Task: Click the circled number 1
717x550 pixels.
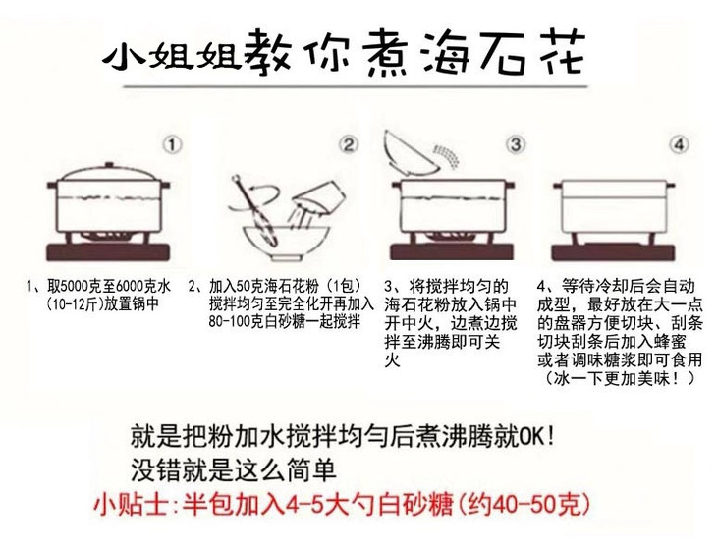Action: [x=172, y=145]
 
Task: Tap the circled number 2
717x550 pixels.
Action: [x=349, y=145]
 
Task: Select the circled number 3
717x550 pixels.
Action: [x=516, y=145]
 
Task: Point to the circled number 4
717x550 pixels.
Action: [x=679, y=145]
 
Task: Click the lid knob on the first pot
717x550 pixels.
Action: [x=109, y=165]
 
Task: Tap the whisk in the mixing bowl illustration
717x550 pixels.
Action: [x=254, y=209]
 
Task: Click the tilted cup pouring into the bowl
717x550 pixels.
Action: [x=320, y=197]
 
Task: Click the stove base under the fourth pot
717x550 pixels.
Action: [x=613, y=251]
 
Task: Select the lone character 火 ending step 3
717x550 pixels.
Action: [x=392, y=360]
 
